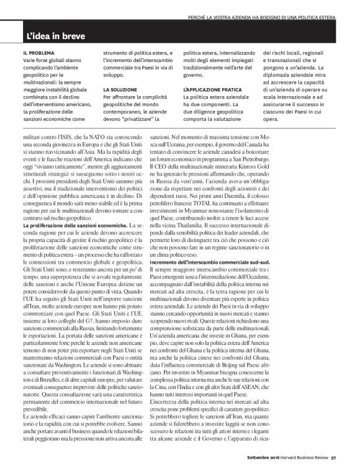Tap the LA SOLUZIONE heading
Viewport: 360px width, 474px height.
[120, 89]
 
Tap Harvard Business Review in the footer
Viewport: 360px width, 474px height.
[304, 460]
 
